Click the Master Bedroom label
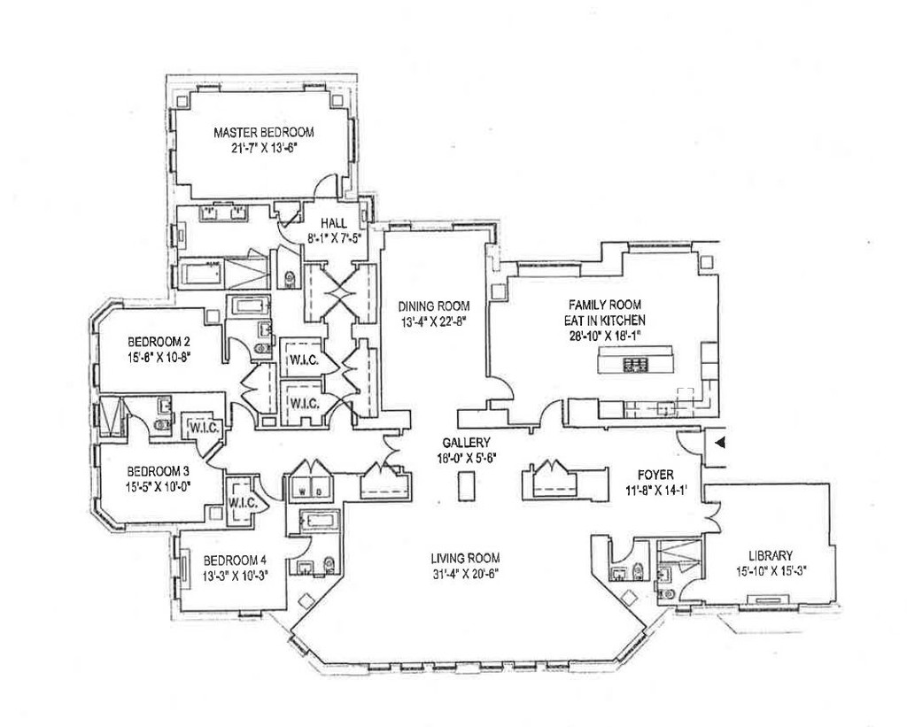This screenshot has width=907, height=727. tap(264, 132)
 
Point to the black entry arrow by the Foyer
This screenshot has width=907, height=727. tap(720, 440)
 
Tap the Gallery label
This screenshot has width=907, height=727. tap(468, 443)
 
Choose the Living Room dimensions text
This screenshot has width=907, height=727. tap(465, 574)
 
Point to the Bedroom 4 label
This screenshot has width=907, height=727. tap(235, 560)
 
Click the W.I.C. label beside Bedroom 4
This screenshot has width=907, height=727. tap(242, 502)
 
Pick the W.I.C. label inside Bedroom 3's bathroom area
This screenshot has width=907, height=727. tap(200, 428)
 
